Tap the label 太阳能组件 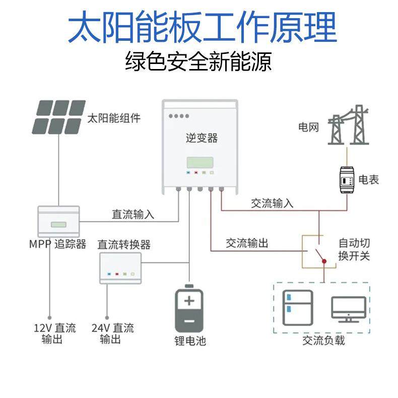click(114, 118)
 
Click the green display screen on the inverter click(201, 162)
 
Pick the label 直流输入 click(133, 214)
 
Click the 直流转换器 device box click(120, 268)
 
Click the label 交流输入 click(272, 204)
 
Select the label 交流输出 click(247, 243)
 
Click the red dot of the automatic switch click(324, 261)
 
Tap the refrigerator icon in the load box click(297, 308)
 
